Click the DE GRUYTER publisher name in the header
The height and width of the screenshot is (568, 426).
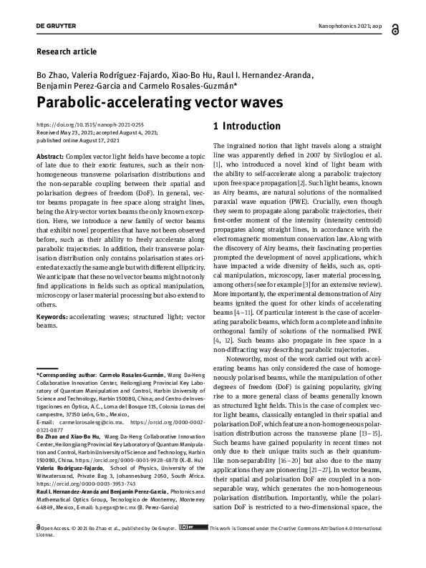coord(57,26)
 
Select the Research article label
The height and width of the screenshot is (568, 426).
coord(66,52)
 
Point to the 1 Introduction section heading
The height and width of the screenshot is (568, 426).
coord(248,127)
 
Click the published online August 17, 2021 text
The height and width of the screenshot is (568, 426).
coord(78,139)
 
